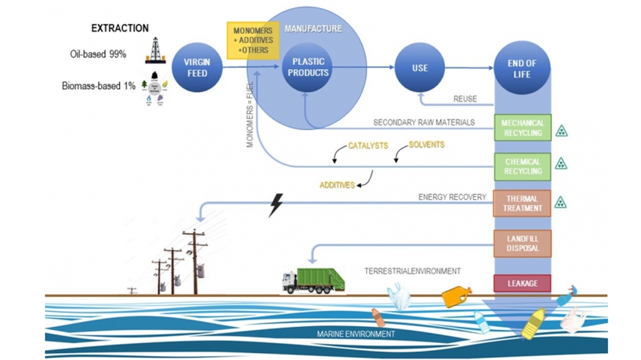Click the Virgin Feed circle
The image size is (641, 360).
tap(197, 68)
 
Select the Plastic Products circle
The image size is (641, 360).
tap(306, 68)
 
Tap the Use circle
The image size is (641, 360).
tap(419, 68)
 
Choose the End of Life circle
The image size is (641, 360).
tap(521, 69)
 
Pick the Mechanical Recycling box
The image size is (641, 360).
tap(522, 128)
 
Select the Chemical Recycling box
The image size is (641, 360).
tap(522, 166)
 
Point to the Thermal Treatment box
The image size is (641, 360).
tap(522, 204)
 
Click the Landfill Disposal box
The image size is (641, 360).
tap(522, 243)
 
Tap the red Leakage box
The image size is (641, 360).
tap(522, 283)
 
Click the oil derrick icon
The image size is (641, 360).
tap(155, 50)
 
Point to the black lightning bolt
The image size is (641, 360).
tap(276, 205)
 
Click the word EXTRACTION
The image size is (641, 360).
tap(120, 28)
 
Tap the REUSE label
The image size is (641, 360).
tap(464, 99)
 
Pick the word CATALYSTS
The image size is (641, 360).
tap(368, 146)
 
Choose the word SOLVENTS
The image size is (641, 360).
tap(426, 145)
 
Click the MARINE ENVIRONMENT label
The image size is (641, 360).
tap(356, 334)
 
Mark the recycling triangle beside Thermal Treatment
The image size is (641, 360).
tap(561, 202)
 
